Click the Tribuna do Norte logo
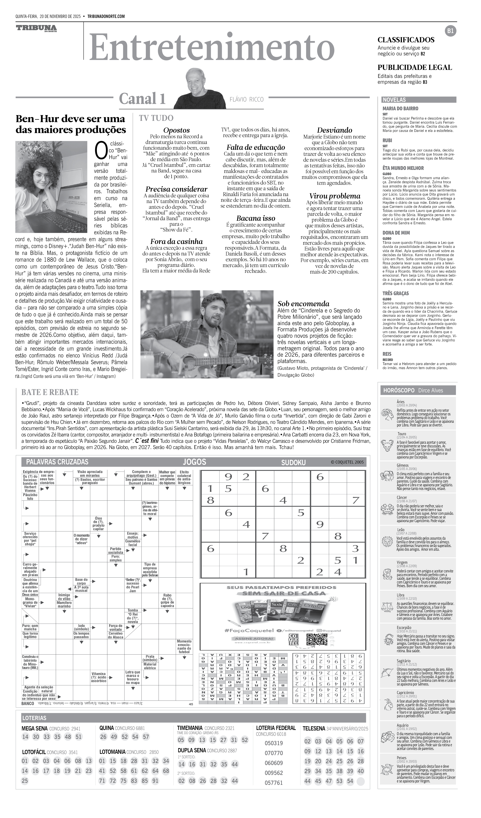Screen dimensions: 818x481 click(36, 29)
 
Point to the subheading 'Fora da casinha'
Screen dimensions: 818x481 click(176, 242)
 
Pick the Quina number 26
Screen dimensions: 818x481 click(103, 737)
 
